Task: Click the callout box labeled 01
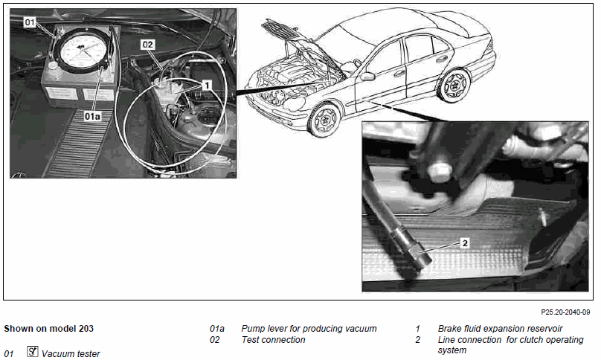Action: tap(30, 22)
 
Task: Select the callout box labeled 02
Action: tap(147, 45)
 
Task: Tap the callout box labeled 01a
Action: tap(92, 116)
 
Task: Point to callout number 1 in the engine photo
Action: tap(207, 85)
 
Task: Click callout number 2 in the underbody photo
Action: tap(465, 242)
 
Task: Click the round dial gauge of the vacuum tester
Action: tap(83, 50)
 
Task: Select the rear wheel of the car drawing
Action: tap(454, 86)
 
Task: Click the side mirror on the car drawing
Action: tap(367, 77)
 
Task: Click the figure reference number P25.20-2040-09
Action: tap(565, 312)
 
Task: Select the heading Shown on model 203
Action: tap(48, 329)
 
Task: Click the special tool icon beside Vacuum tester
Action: tap(33, 351)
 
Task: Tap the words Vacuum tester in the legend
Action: tap(71, 353)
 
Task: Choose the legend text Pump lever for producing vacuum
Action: tap(309, 329)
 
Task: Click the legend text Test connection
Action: tap(273, 340)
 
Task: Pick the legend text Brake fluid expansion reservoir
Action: tap(500, 329)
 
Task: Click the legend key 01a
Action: tap(217, 329)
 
